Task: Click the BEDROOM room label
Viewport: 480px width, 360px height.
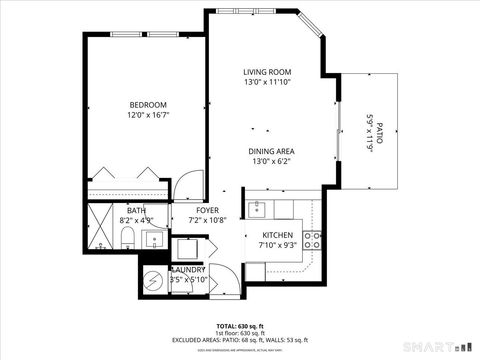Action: click(147, 105)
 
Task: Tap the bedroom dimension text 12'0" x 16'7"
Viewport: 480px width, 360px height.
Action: click(147, 116)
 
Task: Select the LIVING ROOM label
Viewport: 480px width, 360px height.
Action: click(267, 72)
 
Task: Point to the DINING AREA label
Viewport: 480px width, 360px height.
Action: click(272, 151)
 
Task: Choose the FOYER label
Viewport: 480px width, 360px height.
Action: click(207, 210)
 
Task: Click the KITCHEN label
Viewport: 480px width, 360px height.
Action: click(277, 234)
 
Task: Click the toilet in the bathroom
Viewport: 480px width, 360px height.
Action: click(128, 238)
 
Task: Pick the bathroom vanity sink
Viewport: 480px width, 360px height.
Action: click(155, 238)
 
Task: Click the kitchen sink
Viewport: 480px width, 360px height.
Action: click(258, 208)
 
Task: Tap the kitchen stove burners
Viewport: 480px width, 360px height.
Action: click(312, 239)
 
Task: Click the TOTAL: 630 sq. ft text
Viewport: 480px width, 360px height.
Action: click(239, 326)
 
